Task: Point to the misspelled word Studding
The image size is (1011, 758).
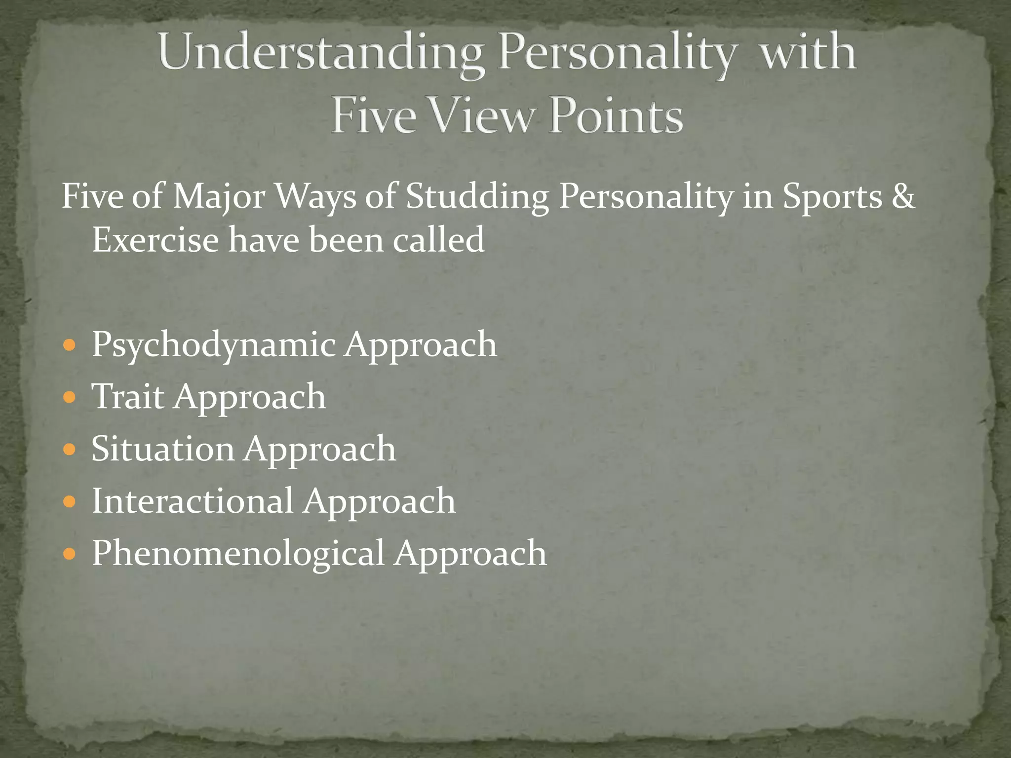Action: tap(477, 196)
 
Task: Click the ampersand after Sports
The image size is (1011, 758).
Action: tap(903, 196)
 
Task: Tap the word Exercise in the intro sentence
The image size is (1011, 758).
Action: tap(156, 240)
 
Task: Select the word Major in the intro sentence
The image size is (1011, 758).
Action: tap(219, 196)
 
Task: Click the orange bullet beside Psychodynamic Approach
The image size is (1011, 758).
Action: tap(70, 344)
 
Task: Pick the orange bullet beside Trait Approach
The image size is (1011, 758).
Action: tap(70, 397)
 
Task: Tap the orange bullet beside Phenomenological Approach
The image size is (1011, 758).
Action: tap(70, 554)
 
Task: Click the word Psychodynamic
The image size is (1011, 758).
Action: tap(214, 344)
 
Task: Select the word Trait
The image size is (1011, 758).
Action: tap(128, 397)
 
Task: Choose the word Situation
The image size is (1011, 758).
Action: tap(163, 449)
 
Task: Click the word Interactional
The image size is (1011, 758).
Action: tap(193, 501)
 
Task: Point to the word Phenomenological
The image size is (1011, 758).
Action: tap(238, 554)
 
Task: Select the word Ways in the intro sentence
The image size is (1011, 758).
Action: tap(315, 196)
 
